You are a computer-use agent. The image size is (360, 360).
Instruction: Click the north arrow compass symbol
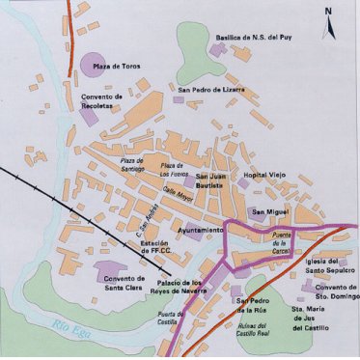click(328, 20)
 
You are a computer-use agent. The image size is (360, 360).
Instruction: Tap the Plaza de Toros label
click(119, 66)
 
